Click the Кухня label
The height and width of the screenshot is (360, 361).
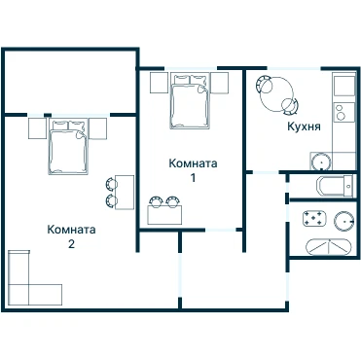pyautogui.click(x=304, y=126)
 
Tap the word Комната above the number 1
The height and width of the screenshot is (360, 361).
pyautogui.click(x=193, y=163)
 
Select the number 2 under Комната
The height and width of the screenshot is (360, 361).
pyautogui.click(x=71, y=243)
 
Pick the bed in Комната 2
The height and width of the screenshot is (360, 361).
pyautogui.click(x=68, y=146)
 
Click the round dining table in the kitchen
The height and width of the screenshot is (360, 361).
pyautogui.click(x=277, y=94)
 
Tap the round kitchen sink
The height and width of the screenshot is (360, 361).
pyautogui.click(x=321, y=162)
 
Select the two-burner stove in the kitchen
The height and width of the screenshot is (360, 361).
pyautogui.click(x=343, y=112)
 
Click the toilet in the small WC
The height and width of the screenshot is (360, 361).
pyautogui.click(x=335, y=186)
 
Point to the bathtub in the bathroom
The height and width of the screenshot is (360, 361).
pyautogui.click(x=329, y=248)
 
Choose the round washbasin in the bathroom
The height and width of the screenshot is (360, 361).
pyautogui.click(x=344, y=222)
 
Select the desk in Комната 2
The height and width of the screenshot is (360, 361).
pyautogui.click(x=125, y=193)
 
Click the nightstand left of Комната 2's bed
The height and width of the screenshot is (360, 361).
pyautogui.click(x=37, y=128)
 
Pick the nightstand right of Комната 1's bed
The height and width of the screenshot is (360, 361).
pyautogui.click(x=220, y=83)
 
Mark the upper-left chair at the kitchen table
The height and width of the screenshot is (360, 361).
pyautogui.click(x=263, y=85)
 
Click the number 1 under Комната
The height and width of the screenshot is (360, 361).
pyautogui.click(x=193, y=178)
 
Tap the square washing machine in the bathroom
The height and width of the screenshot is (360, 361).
pyautogui.click(x=314, y=218)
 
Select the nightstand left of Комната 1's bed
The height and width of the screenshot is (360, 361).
pyautogui.click(x=159, y=83)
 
